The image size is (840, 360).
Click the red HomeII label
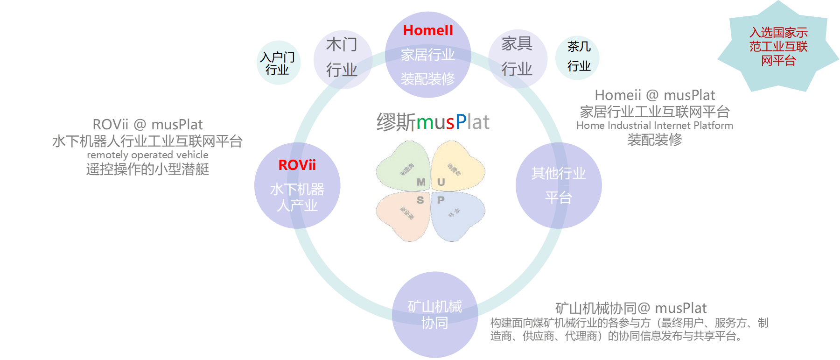click(x=428, y=30)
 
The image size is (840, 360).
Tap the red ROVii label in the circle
click(x=297, y=165)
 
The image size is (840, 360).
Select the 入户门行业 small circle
click(x=278, y=63)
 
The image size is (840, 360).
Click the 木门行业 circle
click(x=342, y=58)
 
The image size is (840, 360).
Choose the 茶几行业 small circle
click(x=578, y=57)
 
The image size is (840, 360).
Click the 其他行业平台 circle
click(x=558, y=185)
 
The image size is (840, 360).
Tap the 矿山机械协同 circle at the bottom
click(x=434, y=314)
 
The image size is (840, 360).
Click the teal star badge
click(x=778, y=47)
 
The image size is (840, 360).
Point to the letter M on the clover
click(x=421, y=182)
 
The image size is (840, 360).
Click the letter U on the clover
click(x=441, y=182)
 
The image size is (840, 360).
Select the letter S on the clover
click(x=420, y=200)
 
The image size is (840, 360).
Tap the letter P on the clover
click(x=441, y=200)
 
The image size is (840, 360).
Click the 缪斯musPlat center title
click(x=433, y=122)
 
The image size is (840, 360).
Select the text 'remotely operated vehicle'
click(x=147, y=155)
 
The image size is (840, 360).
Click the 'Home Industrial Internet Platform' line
click(x=654, y=126)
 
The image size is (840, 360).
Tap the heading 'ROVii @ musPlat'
click(x=147, y=125)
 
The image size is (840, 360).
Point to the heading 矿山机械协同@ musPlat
click(x=630, y=308)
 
